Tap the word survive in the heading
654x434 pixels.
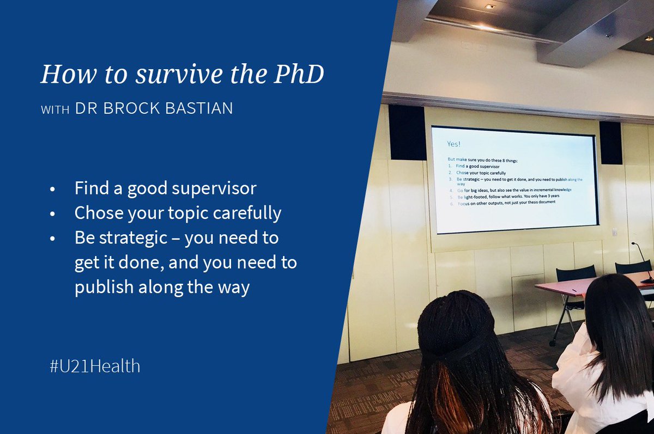(174, 74)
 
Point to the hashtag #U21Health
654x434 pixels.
(94, 366)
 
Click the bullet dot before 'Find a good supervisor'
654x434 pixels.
(52, 190)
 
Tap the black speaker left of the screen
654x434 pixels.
(407, 132)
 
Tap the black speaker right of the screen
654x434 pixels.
(610, 142)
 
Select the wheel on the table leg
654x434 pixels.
(553, 342)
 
